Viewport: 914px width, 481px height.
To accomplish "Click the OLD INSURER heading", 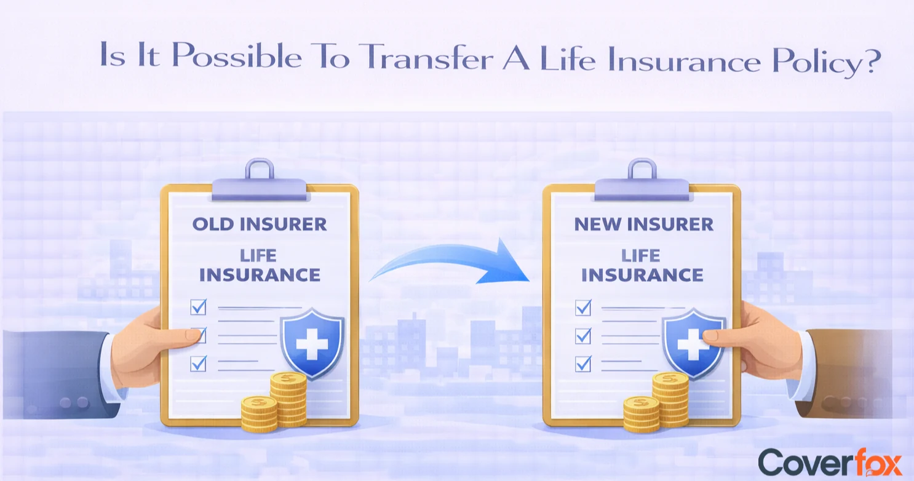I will (259, 224).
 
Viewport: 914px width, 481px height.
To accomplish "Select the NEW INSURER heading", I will (643, 224).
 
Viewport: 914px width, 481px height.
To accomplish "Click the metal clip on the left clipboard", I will (259, 181).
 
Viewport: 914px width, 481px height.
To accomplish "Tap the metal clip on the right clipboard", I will (642, 181).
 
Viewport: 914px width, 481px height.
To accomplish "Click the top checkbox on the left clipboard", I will (198, 306).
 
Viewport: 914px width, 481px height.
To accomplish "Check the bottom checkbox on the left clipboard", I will (198, 363).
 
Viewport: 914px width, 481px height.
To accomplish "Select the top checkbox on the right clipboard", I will (582, 307).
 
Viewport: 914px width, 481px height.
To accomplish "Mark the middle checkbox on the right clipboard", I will (582, 336).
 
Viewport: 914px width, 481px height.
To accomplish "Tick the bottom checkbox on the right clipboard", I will (582, 364).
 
